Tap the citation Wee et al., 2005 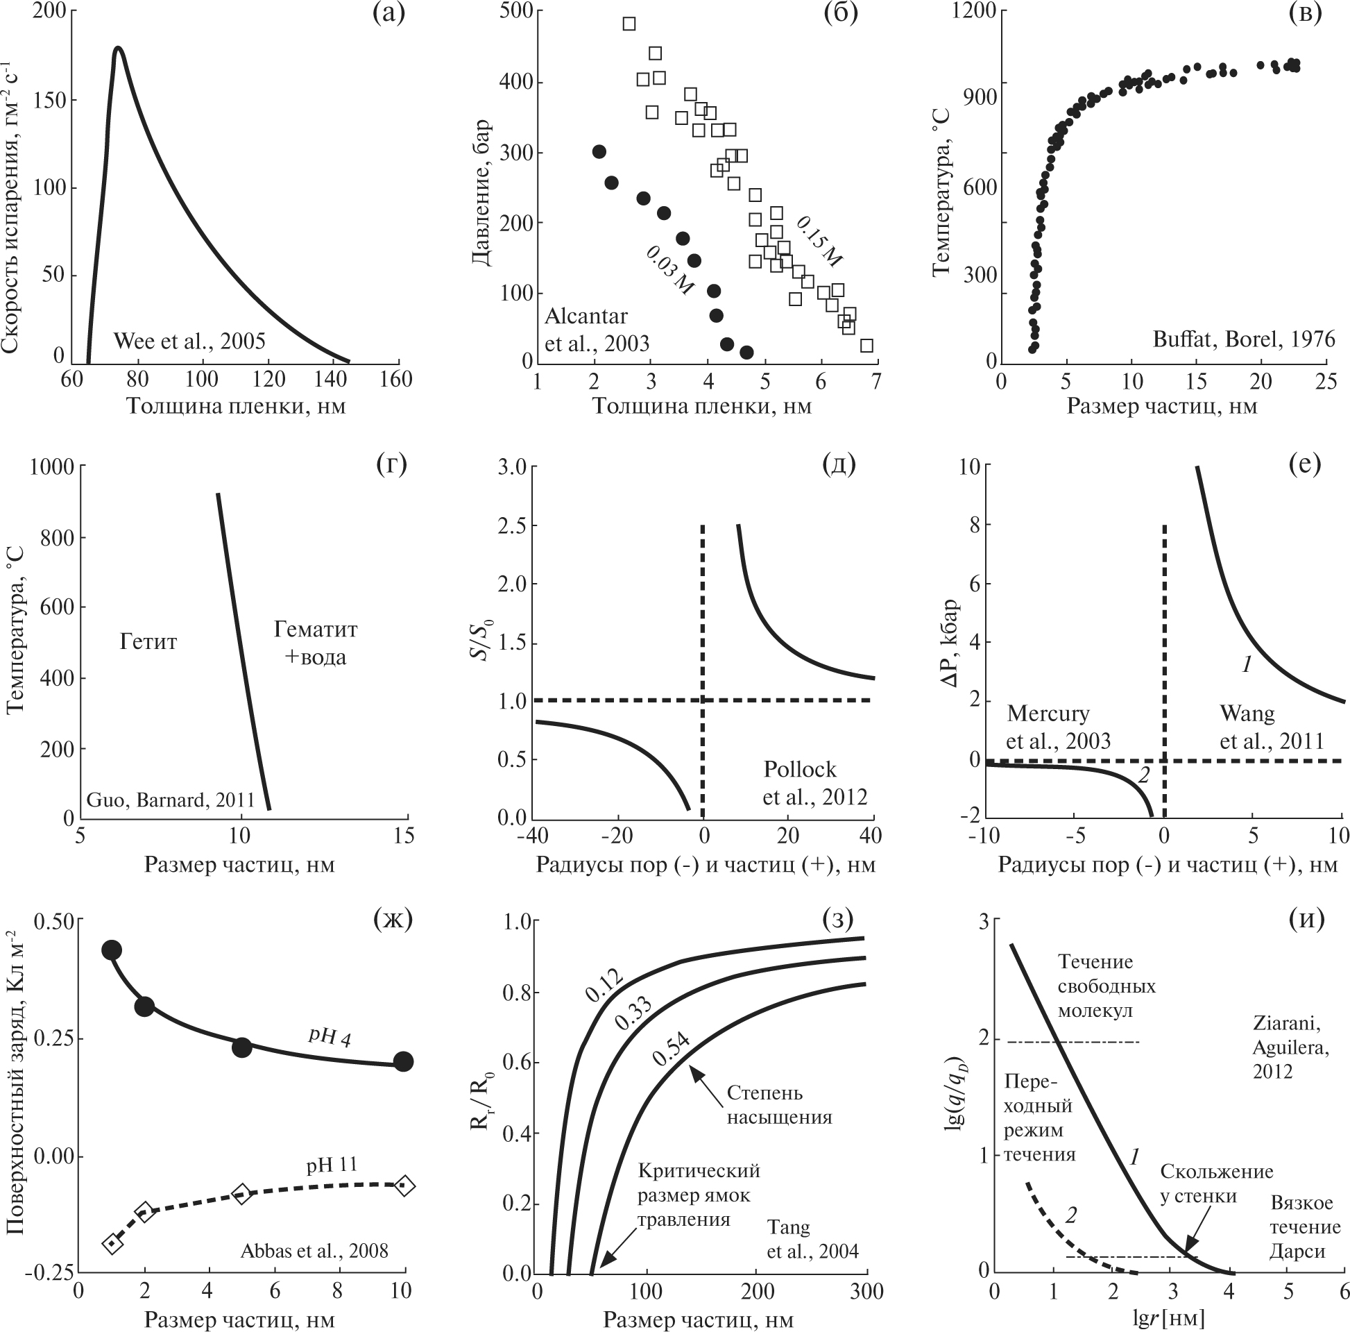coord(189,342)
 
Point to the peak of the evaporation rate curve coord(118,49)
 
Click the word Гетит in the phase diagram coord(148,641)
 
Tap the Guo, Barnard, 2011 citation coord(170,800)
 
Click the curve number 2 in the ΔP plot coord(1144,775)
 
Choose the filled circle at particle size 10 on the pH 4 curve coord(403,1061)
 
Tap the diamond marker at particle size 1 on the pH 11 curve coord(112,1244)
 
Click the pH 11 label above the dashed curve coord(331,1165)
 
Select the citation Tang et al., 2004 coord(812,1240)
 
